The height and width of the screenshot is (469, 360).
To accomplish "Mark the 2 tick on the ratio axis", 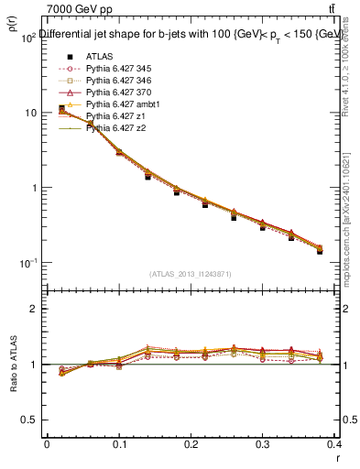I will [34, 309].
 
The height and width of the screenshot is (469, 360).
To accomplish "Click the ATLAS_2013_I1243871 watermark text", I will [191, 274].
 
